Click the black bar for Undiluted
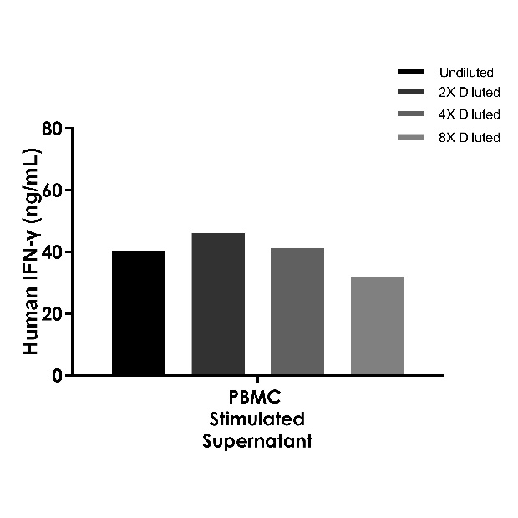(x=139, y=312)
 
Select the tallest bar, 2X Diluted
(x=218, y=304)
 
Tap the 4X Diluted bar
(x=297, y=311)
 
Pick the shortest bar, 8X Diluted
(x=377, y=325)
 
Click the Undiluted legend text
(x=466, y=73)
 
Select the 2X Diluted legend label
(x=469, y=93)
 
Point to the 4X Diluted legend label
(x=469, y=114)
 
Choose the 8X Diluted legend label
(x=469, y=137)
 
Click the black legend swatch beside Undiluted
(x=411, y=72)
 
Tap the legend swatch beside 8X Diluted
(x=411, y=136)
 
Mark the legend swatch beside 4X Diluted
(x=411, y=114)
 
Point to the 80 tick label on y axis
(x=53, y=129)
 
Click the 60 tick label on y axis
(x=53, y=190)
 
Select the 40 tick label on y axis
(x=53, y=252)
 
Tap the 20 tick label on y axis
(x=53, y=314)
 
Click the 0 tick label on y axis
(x=58, y=376)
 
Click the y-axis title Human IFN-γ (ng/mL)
(x=32, y=251)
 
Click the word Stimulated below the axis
(x=256, y=419)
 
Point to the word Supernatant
(x=256, y=441)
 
